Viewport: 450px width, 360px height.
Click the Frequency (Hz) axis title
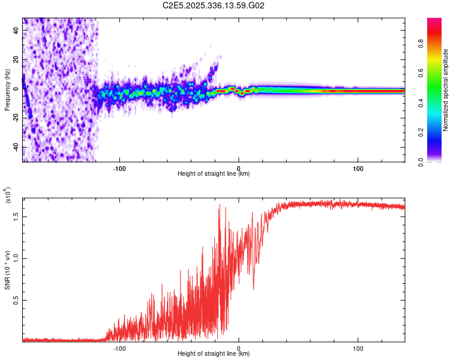[7, 90]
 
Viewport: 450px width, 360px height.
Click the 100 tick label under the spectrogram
[358, 167]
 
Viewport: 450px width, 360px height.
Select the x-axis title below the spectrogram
[214, 174]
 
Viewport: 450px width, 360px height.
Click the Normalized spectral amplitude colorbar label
[446, 90]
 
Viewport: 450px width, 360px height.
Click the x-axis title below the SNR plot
[214, 354]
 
